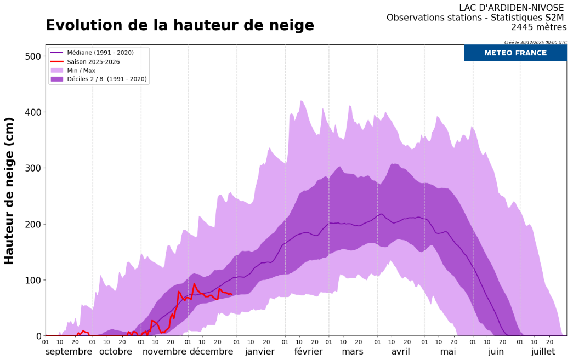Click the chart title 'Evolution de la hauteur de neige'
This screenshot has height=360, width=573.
(179, 26)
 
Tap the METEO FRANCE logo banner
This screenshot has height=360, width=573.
(515, 53)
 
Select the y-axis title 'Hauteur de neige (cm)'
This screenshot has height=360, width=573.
(9, 191)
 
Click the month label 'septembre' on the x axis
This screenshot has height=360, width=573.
(69, 351)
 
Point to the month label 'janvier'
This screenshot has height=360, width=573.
(260, 351)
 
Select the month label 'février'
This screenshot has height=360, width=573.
(308, 351)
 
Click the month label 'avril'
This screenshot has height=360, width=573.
(400, 351)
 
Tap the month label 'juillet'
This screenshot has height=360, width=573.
(543, 351)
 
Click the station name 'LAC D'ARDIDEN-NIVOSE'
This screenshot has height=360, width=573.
(511, 8)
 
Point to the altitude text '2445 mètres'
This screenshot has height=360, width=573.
(538, 27)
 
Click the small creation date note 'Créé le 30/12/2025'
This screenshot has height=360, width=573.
(535, 42)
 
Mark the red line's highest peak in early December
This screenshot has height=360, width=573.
(194, 284)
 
